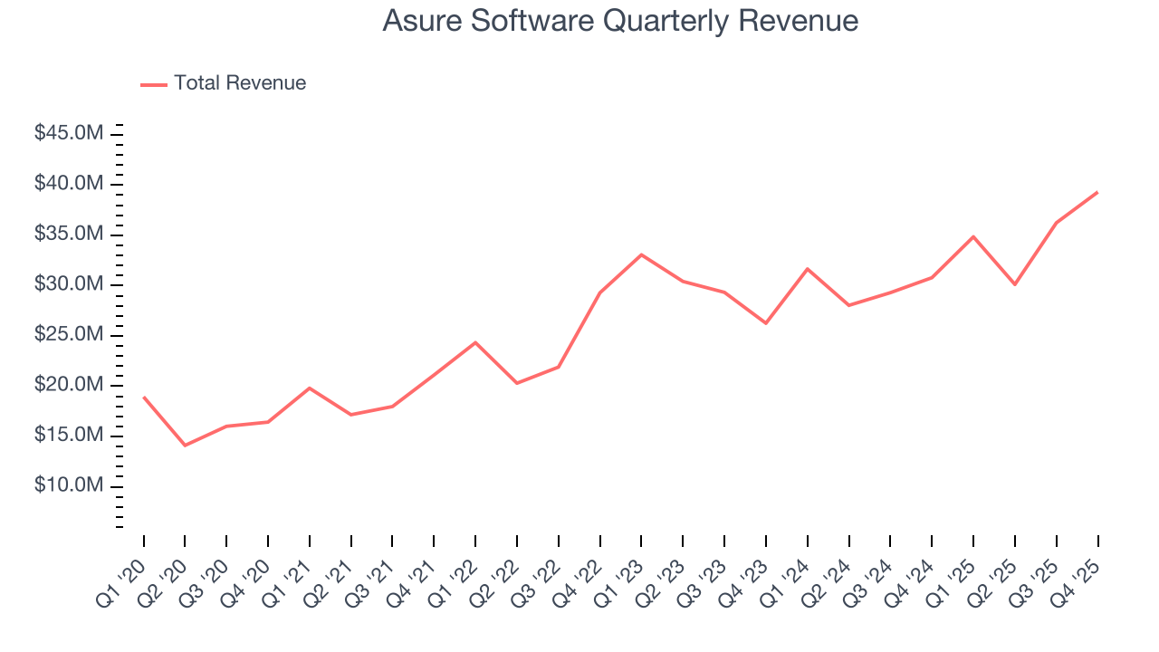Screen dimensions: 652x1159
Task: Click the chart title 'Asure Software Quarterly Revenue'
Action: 620,21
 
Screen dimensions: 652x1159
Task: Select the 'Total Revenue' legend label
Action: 240,83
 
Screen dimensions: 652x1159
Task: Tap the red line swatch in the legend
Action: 154,84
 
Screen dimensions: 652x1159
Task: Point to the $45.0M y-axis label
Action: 69,134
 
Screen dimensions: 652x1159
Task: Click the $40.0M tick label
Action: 69,184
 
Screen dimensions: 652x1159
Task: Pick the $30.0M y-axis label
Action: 69,284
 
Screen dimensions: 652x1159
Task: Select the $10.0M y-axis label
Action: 69,486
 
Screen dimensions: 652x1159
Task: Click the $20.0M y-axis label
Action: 69,385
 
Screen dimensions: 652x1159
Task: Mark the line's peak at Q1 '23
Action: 641,254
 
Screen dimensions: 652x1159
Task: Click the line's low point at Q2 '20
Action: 185,446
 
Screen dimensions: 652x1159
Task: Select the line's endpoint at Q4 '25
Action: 1097,192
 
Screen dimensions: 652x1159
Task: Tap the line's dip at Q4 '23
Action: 766,323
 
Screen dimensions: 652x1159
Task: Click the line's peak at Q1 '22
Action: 475,342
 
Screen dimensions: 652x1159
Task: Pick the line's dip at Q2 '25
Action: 1015,284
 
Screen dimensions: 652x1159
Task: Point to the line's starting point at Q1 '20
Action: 144,398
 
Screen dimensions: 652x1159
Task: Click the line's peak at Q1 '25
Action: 973,236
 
